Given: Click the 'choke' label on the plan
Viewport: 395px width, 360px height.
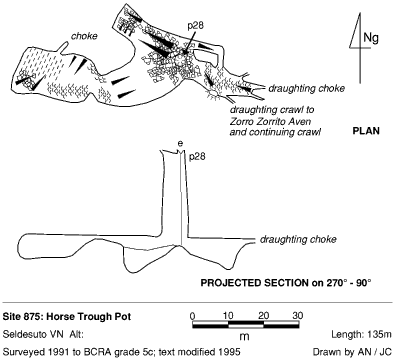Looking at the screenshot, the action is click(x=84, y=36).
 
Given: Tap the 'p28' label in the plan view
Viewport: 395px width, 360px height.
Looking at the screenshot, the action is click(x=196, y=26).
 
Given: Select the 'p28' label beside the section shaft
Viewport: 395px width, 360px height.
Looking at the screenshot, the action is click(x=197, y=157).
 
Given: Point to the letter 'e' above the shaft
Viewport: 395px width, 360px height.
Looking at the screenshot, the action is click(x=180, y=144).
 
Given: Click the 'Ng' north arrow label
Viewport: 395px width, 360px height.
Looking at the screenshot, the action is click(x=371, y=38).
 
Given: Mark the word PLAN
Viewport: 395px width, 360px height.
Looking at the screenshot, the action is click(x=366, y=131).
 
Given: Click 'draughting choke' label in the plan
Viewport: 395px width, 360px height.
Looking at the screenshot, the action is click(x=306, y=89).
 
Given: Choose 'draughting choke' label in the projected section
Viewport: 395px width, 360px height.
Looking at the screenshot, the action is click(x=298, y=239).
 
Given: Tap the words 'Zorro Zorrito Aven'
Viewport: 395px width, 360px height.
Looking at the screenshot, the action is click(x=270, y=121).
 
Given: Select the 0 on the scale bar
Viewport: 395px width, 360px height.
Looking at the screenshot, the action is click(x=192, y=315).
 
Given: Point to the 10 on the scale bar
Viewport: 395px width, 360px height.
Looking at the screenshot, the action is click(x=228, y=315).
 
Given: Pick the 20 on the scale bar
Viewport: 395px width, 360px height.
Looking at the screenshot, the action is click(x=263, y=315).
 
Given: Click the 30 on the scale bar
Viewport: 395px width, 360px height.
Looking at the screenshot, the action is click(x=297, y=315).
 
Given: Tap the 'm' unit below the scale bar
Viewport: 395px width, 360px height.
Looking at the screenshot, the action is click(x=245, y=336).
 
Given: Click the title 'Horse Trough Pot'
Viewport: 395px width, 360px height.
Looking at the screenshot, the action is click(x=88, y=316).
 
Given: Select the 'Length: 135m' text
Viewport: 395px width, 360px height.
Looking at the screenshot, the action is click(x=361, y=334).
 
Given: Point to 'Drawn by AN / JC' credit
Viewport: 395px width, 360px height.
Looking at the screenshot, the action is click(x=352, y=352).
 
